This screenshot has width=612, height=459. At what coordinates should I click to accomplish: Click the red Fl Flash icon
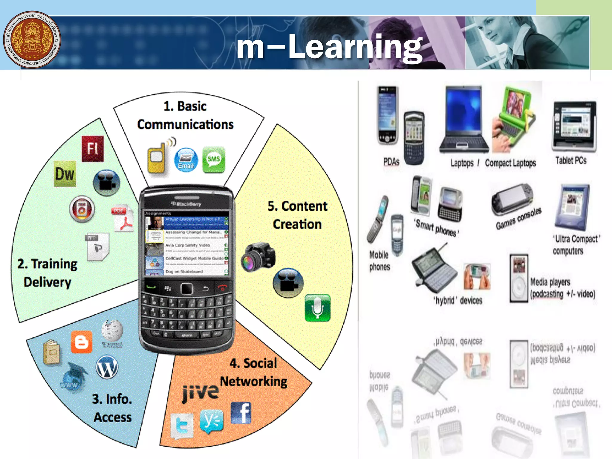(x=93, y=149)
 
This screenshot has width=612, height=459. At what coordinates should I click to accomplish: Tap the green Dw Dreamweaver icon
(x=65, y=174)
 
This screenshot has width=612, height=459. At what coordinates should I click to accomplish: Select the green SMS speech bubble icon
(x=214, y=159)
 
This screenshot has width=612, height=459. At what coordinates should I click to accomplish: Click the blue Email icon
(x=186, y=160)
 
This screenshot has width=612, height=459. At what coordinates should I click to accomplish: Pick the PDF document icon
(x=123, y=218)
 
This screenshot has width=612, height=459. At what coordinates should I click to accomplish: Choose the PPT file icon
(x=98, y=247)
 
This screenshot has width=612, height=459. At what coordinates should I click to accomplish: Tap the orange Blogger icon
(x=81, y=342)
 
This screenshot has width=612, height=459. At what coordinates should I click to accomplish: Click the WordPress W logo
(x=107, y=367)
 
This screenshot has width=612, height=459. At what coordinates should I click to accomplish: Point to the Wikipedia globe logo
(x=112, y=331)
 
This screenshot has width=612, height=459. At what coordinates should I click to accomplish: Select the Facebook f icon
(x=241, y=413)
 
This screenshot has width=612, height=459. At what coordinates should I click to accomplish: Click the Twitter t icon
(x=182, y=426)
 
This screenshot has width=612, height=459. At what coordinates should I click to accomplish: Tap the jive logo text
(x=201, y=392)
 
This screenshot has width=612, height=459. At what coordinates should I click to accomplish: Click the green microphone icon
(x=318, y=307)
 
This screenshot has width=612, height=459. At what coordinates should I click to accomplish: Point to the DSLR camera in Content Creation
(x=258, y=256)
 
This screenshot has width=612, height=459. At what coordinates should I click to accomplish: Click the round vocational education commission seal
(x=32, y=39)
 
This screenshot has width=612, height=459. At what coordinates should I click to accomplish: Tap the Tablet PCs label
(x=571, y=160)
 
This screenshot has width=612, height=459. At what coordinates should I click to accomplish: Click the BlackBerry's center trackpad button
(x=187, y=288)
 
